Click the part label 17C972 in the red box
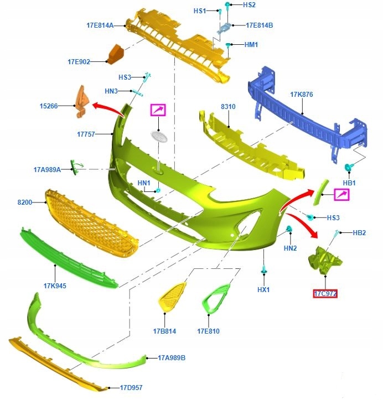(x=325, y=294)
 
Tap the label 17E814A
(x=100, y=25)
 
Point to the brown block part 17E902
(x=115, y=54)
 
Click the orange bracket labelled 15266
(x=82, y=102)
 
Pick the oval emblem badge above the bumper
(x=159, y=136)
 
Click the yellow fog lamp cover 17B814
(x=172, y=297)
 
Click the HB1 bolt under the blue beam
(x=348, y=167)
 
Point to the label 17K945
(x=55, y=285)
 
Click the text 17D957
(x=131, y=387)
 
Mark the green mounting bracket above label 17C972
(x=325, y=261)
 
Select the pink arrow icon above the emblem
(x=158, y=110)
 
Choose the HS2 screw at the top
(x=227, y=4)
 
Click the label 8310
(x=228, y=106)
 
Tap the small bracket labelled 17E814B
(x=225, y=28)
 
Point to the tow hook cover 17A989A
(x=75, y=167)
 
